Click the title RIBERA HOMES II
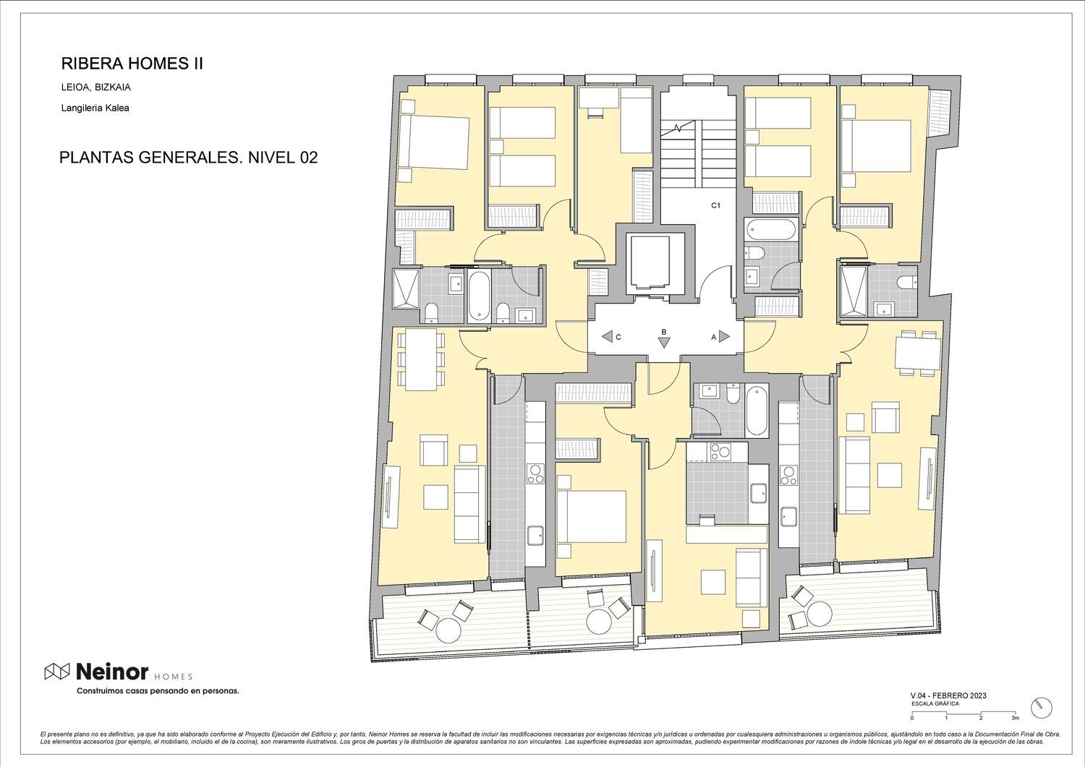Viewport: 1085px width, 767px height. point(132,64)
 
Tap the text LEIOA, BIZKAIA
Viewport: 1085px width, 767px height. point(96,87)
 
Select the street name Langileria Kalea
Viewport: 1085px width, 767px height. point(95,108)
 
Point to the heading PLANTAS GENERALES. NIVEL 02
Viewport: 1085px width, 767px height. point(188,158)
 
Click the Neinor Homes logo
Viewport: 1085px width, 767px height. point(119,672)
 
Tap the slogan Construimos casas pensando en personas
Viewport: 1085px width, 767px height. point(158,691)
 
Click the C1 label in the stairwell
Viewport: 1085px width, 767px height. point(715,205)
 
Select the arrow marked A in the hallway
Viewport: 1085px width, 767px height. point(724,336)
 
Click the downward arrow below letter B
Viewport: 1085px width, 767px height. point(664,343)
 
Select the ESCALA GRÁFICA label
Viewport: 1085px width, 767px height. point(935,704)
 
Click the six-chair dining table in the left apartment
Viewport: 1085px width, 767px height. point(421,359)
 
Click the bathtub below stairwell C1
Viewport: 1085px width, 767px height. point(770,229)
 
